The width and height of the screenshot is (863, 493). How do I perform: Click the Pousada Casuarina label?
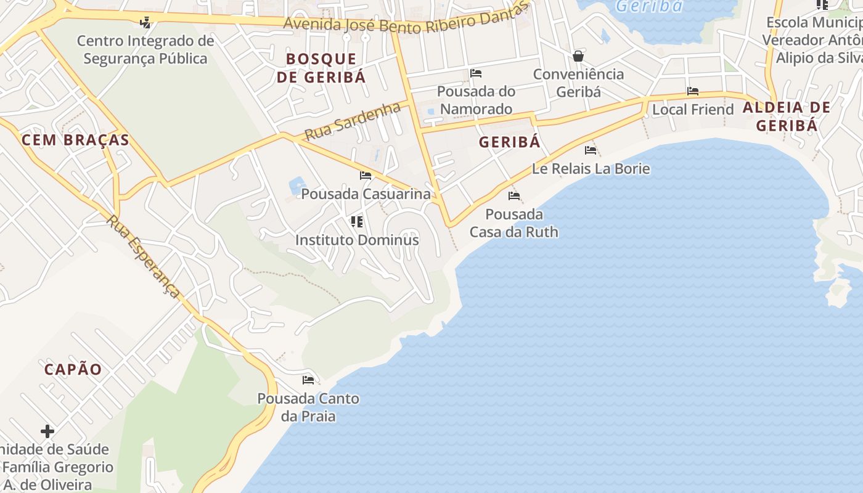point(366,194)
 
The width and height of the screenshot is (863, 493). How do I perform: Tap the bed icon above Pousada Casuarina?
point(366,176)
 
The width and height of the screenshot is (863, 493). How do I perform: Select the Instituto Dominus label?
point(357,240)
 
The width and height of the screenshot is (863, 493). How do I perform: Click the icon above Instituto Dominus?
point(356,221)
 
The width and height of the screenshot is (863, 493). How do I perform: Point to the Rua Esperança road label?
point(144,256)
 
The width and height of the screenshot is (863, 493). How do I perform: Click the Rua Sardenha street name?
point(353,121)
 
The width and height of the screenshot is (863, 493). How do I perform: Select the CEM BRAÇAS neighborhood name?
point(75,140)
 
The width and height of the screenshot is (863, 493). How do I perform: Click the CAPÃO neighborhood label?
point(73,370)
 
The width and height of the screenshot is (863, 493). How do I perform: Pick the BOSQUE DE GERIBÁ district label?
point(321,68)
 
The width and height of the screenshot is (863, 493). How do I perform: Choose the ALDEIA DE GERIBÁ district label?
point(787,116)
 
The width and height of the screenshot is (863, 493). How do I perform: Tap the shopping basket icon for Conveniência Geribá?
point(578,56)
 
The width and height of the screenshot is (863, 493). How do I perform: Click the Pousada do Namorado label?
point(476,100)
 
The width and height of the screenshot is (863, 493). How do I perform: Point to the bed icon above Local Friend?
point(693,92)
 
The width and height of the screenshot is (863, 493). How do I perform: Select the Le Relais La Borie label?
point(591,168)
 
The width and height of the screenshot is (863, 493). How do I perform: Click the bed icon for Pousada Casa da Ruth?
point(514,197)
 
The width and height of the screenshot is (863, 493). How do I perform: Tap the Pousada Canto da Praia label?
point(308,407)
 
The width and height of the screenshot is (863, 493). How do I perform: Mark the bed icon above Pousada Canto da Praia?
point(308,380)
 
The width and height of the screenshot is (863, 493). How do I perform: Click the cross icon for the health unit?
point(47,431)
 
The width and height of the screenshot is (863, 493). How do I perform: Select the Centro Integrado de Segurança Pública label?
point(145,50)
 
